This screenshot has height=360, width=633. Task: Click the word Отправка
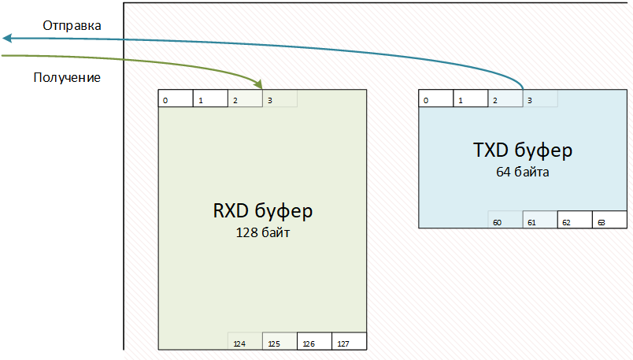(x=72, y=26)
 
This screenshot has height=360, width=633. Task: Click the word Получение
(x=67, y=78)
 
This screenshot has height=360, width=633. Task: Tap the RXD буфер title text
(x=263, y=211)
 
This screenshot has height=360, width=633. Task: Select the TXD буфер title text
(x=522, y=150)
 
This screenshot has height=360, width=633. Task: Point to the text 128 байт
(x=263, y=232)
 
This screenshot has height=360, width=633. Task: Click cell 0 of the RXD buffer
(x=176, y=99)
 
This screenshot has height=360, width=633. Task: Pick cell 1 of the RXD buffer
(x=210, y=99)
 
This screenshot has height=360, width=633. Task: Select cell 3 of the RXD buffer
(x=279, y=99)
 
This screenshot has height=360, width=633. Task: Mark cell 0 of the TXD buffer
(x=435, y=99)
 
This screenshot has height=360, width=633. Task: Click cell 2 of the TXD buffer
(x=505, y=99)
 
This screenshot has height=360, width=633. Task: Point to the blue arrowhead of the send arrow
(x=6, y=38)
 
